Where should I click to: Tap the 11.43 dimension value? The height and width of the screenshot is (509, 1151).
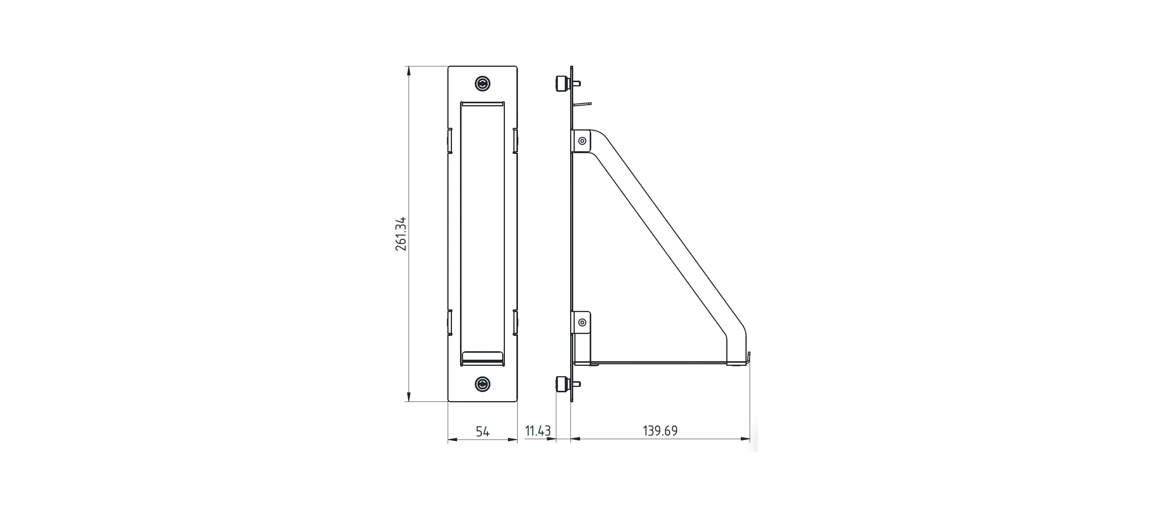click(538, 431)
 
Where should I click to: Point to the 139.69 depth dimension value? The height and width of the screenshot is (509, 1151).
click(660, 431)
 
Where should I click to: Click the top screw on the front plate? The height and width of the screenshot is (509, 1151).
click(483, 84)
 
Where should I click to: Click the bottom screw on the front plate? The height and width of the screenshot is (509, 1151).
click(483, 384)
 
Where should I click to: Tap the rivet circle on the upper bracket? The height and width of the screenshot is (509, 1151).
click(582, 141)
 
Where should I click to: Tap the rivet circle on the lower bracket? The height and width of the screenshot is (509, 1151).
click(582, 322)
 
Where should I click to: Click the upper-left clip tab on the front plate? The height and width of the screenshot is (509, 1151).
click(450, 141)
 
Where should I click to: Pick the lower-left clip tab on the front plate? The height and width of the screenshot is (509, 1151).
click(450, 322)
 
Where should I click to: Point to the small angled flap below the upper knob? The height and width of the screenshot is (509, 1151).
click(582, 104)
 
